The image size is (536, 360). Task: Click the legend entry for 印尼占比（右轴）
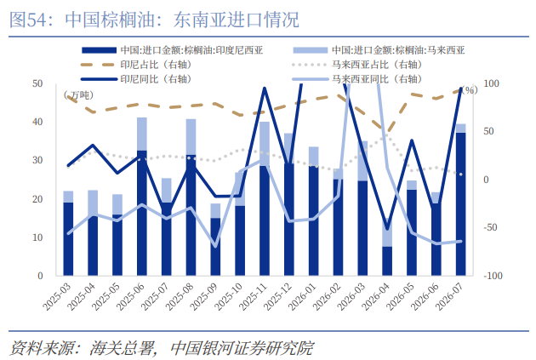136,65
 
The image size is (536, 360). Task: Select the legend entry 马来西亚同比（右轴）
357,79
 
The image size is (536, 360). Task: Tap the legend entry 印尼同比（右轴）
136,79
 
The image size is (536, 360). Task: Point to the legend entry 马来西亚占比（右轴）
357,65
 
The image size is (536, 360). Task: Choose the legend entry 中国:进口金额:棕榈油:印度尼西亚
172,50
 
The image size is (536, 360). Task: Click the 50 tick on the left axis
37,83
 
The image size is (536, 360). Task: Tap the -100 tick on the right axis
493,276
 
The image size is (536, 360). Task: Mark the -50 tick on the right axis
490,227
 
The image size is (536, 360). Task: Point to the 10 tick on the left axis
37,237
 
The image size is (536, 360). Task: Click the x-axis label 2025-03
58,296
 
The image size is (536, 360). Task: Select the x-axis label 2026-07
450,296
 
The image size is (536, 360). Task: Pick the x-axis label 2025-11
254,296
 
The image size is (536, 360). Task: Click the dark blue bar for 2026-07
460,204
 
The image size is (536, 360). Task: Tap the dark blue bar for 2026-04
387,261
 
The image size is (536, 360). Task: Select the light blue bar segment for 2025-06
142,134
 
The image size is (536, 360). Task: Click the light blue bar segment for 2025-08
191,137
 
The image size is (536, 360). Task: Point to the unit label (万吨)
78,95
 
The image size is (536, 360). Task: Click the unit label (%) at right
469,90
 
